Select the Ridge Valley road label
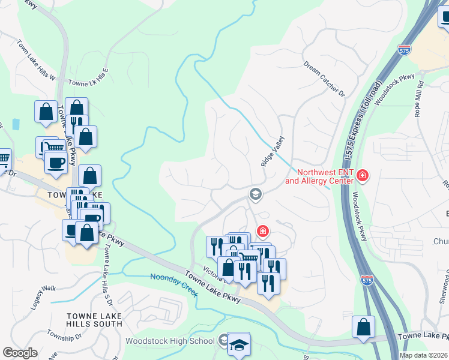pyautogui.click(x=272, y=151)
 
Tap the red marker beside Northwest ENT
pyautogui.click(x=363, y=176)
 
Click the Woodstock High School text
pyautogui.click(x=170, y=341)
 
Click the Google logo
pyautogui.click(x=20, y=353)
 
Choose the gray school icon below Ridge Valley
pyautogui.click(x=255, y=193)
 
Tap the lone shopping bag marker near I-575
pyautogui.click(x=363, y=328)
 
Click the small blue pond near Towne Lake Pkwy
pyautogui.click(x=15, y=124)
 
